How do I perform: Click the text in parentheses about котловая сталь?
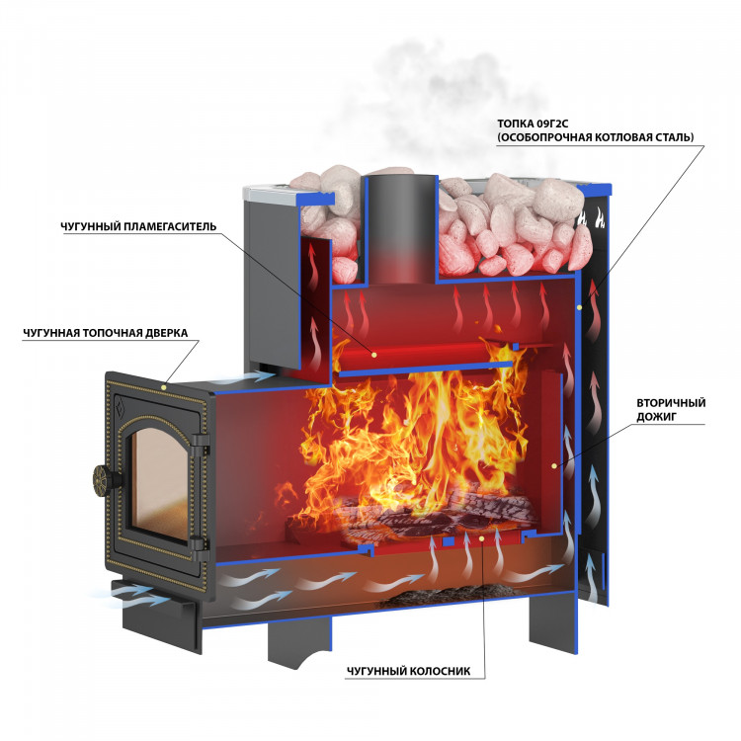596,136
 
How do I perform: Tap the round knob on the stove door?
104,479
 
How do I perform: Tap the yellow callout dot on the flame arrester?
374,352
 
